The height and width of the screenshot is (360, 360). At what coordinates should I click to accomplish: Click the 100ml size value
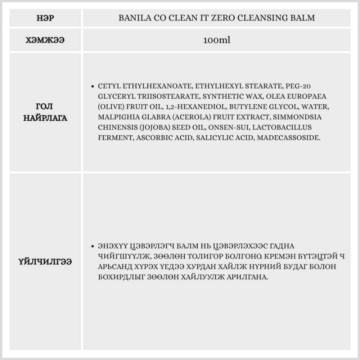[216, 40]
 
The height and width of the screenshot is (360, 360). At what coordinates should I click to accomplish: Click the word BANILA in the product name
[134, 18]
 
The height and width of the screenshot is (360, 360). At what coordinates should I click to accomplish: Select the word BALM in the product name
[304, 18]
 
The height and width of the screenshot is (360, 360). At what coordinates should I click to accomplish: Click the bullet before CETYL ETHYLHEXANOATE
[93, 86]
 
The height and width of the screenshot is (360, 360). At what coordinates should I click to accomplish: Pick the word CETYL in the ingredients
[109, 86]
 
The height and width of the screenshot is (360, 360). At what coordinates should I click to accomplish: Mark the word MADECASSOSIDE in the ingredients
[288, 138]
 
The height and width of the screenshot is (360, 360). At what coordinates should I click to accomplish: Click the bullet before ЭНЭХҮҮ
[93, 247]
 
